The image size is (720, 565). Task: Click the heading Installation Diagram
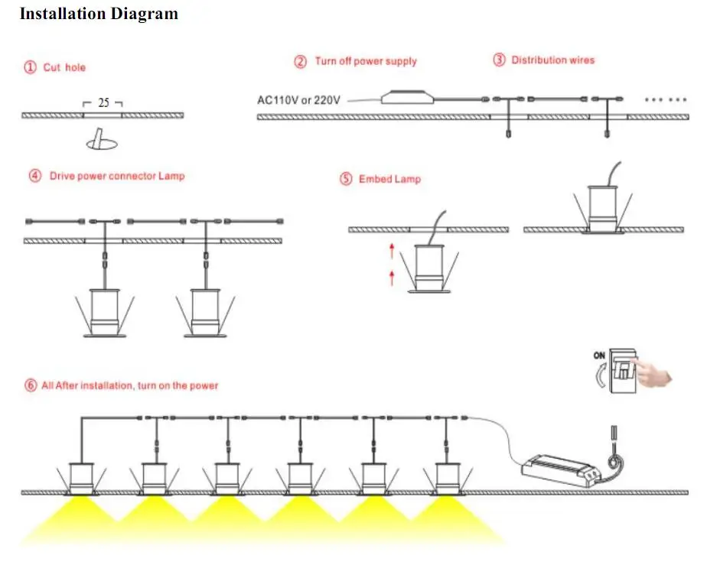coord(99,14)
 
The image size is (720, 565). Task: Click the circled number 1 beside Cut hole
coord(30,67)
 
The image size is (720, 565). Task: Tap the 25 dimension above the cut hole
coord(103,102)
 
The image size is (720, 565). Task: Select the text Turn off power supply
coord(366,61)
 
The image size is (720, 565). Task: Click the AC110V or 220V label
coord(298,100)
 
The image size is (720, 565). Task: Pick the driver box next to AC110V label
coord(407,97)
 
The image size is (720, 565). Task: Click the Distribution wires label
coord(553,60)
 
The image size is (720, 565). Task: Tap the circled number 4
coord(35,176)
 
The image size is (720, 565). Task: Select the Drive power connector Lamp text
coord(117,177)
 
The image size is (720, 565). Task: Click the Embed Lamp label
coord(390,179)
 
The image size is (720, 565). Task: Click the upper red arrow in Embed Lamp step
coord(392,251)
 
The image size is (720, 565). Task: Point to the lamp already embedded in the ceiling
coord(603,209)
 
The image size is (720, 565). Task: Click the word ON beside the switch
coord(599,356)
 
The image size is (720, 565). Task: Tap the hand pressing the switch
coord(653,372)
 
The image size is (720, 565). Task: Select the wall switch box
coord(622,371)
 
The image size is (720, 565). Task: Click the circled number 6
coord(31,385)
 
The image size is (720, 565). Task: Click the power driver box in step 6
coord(561,470)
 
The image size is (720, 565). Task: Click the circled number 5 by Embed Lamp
coord(346,179)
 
